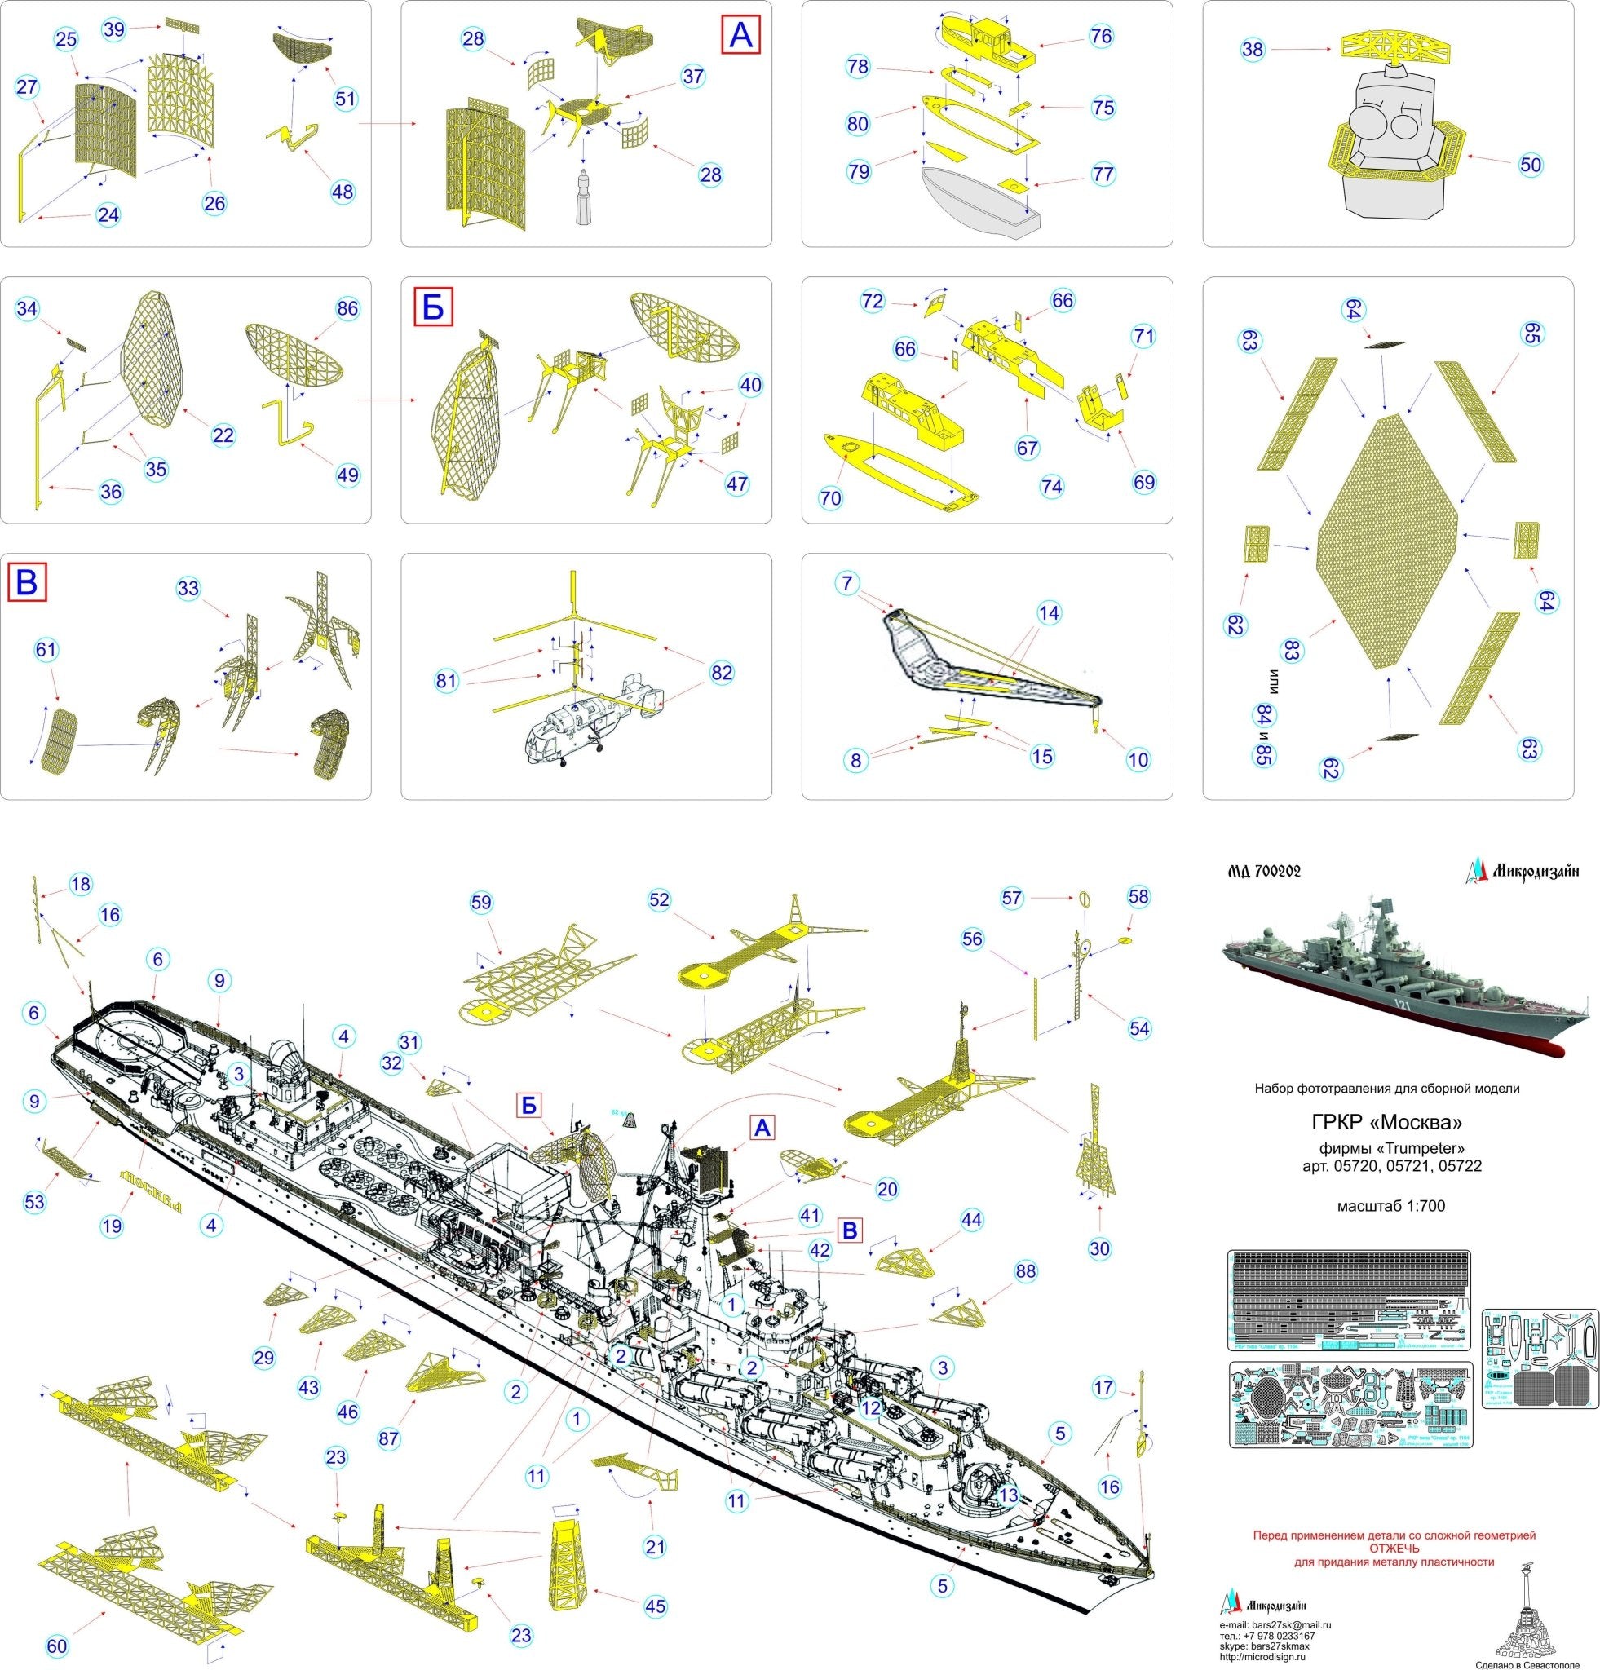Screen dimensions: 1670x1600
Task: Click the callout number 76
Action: pos(1101,36)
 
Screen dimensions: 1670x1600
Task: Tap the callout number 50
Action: pos(1530,164)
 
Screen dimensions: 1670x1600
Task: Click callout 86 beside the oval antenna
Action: pos(347,308)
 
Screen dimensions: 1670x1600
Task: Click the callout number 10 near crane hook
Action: pos(1138,759)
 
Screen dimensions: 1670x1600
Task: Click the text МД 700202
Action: pos(1264,871)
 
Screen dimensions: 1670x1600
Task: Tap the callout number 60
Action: pos(57,1646)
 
